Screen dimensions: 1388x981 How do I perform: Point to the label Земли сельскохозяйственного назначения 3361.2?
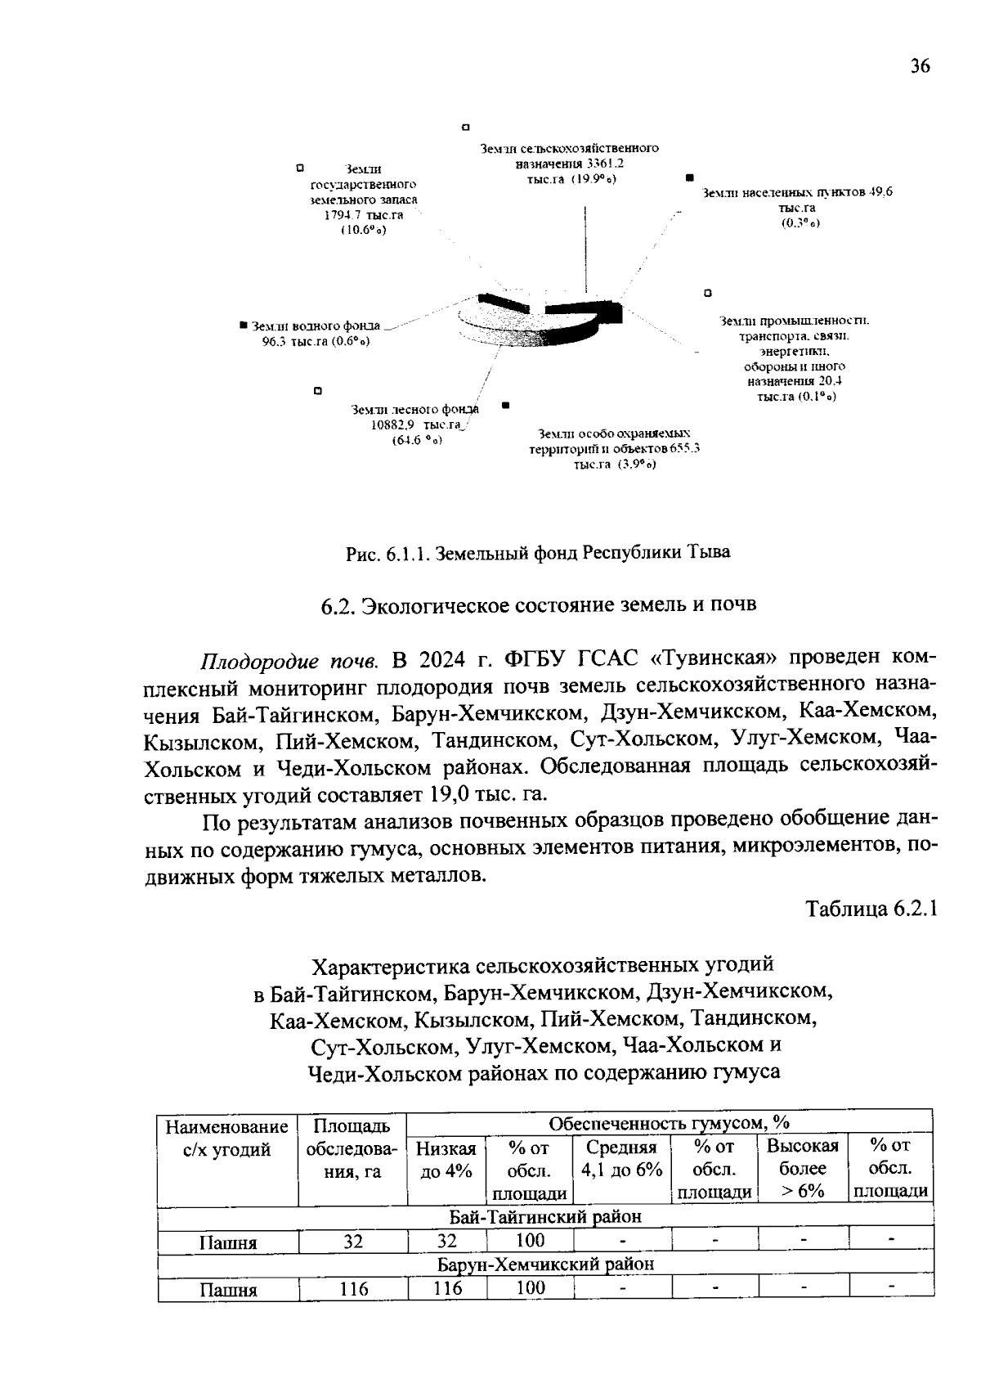point(570,163)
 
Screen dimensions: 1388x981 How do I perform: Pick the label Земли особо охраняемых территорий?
point(615,448)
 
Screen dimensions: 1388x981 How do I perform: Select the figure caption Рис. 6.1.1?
point(537,552)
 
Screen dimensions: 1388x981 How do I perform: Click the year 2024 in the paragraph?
point(442,659)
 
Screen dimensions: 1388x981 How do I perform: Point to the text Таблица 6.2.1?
point(870,909)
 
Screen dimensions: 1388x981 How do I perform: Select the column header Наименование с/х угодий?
point(227,1138)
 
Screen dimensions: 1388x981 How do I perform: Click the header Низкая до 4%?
point(446,1159)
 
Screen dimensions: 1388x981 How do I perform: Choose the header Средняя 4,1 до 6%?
point(621,1159)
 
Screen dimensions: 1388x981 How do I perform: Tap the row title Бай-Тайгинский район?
point(545,1216)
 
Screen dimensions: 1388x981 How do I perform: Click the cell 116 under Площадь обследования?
point(354,1289)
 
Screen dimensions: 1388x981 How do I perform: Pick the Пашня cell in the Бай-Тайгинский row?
point(228,1242)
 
